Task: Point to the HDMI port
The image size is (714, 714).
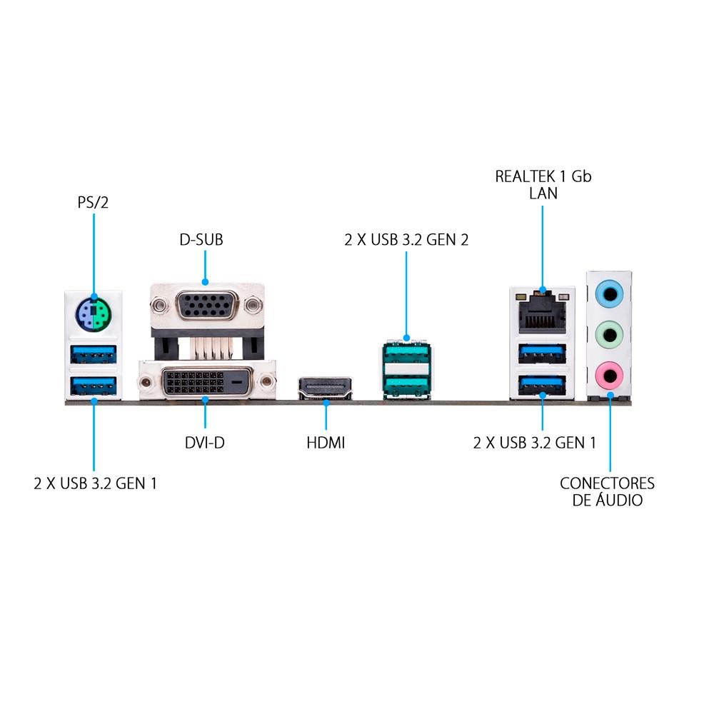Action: tap(326, 387)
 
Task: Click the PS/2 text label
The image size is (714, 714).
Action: tap(94, 203)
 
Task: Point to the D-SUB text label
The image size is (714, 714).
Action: tap(201, 239)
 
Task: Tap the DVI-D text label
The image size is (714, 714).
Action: tap(204, 443)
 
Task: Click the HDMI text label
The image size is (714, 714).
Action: tap(326, 443)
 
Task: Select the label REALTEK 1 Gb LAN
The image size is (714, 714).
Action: tap(543, 184)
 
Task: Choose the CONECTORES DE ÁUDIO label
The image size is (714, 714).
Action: tap(607, 491)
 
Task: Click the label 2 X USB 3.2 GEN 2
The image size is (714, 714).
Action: tap(406, 239)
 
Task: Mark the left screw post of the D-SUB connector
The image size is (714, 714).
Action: tap(160, 306)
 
